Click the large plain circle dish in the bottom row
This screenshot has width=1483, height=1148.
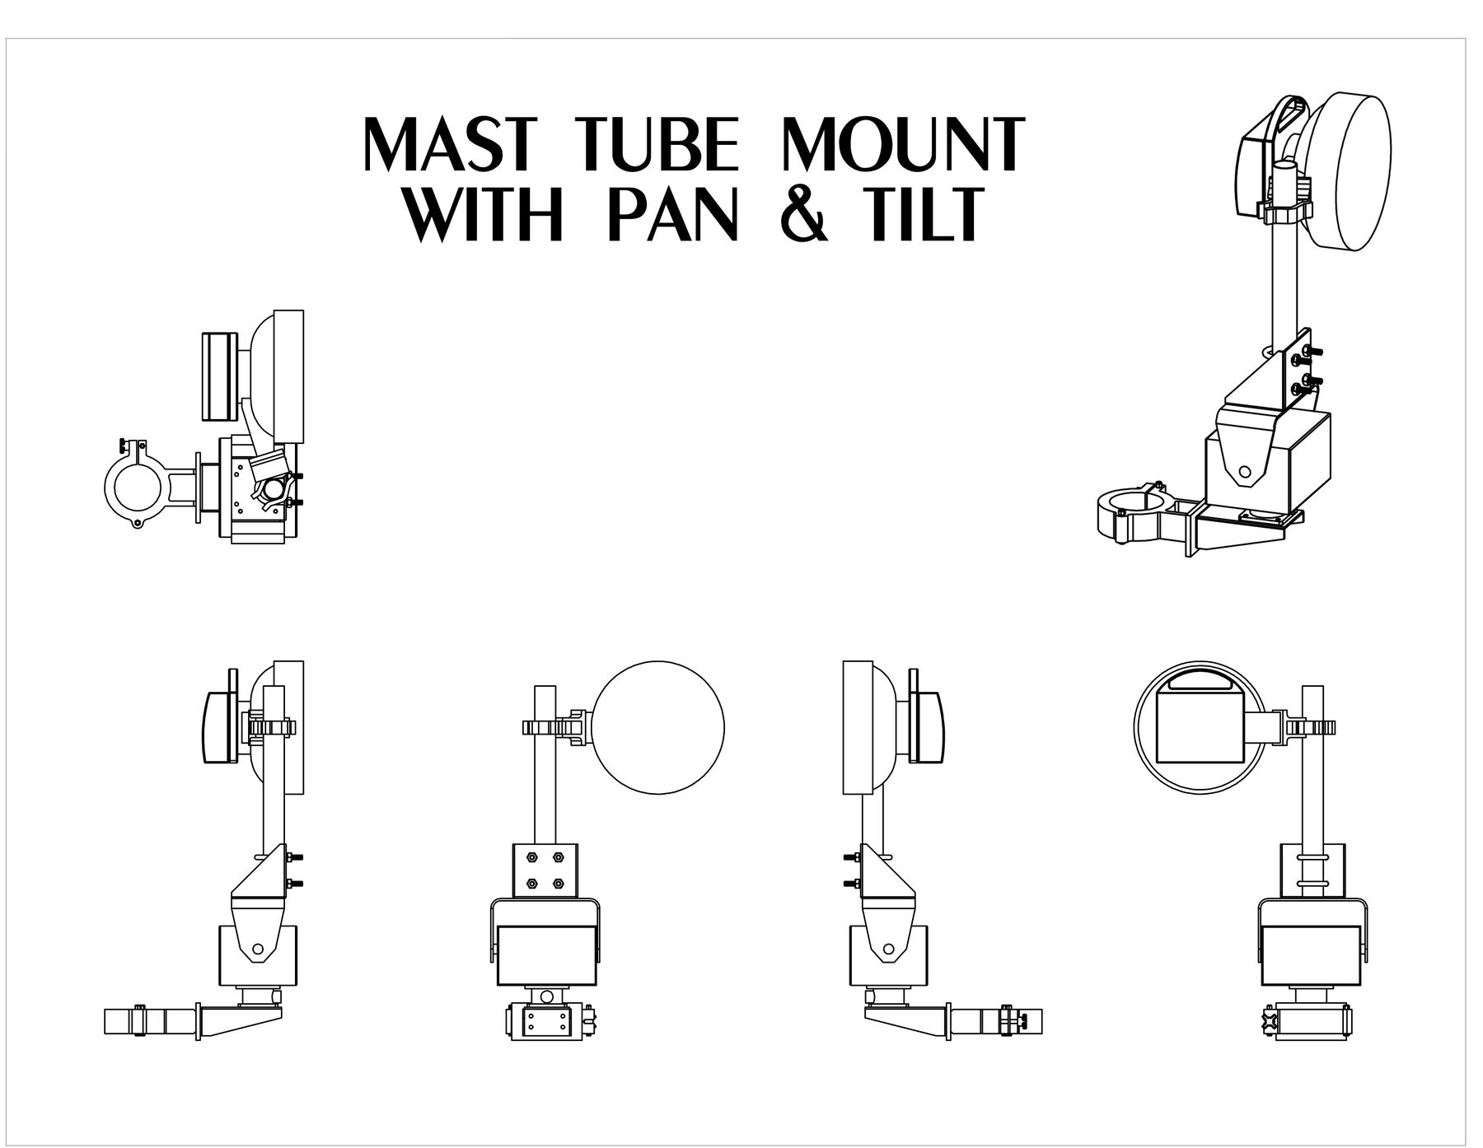(658, 728)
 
